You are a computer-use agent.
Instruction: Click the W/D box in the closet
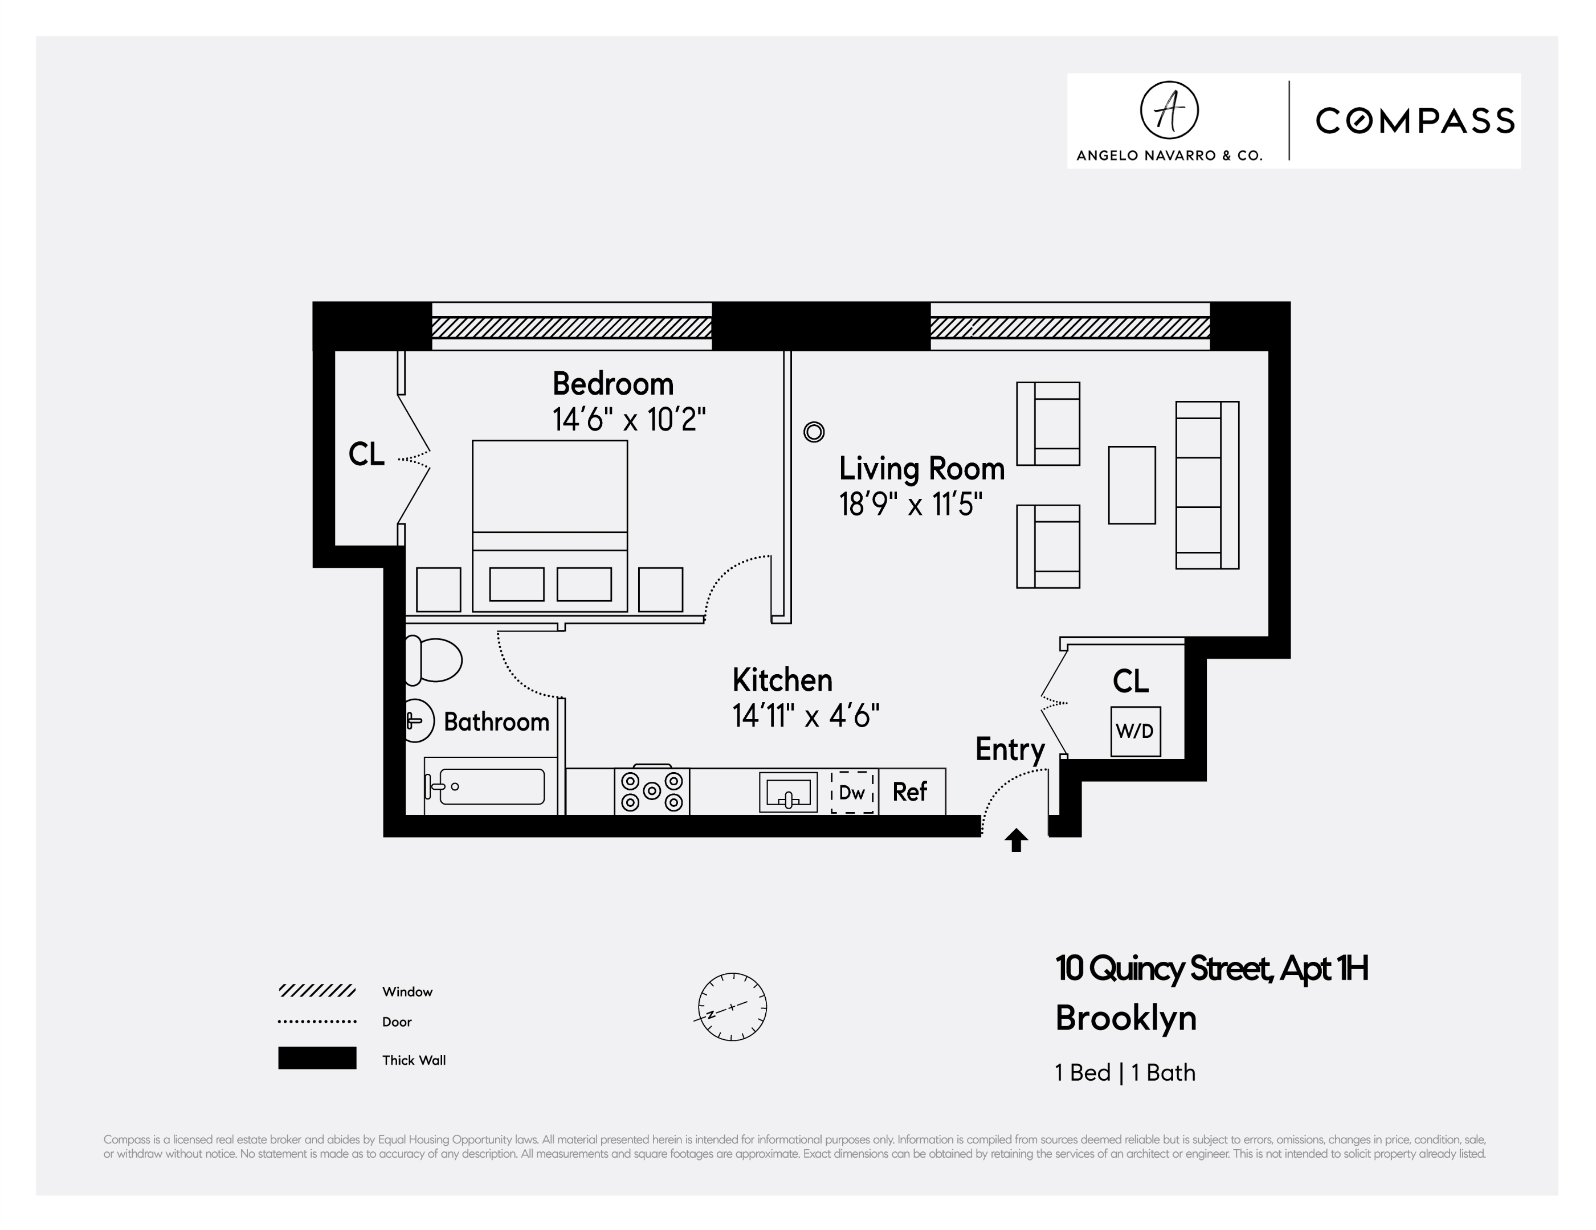click(1135, 731)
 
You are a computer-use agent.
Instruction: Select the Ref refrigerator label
click(910, 792)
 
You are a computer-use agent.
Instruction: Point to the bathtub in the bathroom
click(491, 786)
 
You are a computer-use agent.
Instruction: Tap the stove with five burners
click(652, 791)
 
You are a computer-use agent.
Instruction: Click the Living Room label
click(921, 469)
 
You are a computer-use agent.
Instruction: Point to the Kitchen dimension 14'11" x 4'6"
click(805, 716)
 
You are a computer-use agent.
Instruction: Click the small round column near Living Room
click(813, 432)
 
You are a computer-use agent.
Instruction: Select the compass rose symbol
click(732, 1007)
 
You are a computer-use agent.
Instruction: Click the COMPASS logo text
click(1415, 121)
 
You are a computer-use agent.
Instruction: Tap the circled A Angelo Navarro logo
click(1169, 110)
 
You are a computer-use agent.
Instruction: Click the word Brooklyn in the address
click(1125, 1018)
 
